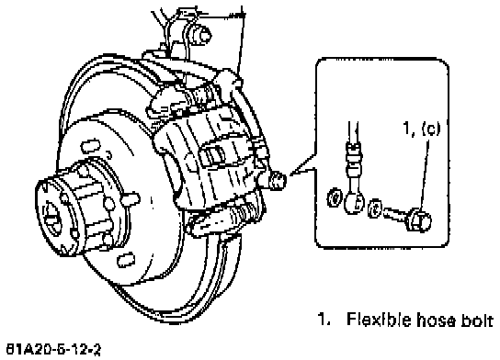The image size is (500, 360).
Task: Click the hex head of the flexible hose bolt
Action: click(x=419, y=219)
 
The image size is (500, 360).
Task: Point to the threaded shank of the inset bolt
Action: click(x=394, y=214)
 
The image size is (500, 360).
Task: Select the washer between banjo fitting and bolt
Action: click(x=375, y=208)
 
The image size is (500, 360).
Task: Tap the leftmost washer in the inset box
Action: click(x=335, y=197)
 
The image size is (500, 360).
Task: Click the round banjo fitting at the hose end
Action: click(x=354, y=202)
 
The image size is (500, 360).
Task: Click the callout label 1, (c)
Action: click(x=422, y=129)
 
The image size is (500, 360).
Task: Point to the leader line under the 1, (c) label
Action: click(x=423, y=174)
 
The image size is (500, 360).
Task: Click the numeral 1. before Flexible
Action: click(x=324, y=320)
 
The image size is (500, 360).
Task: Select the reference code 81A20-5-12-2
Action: click(x=53, y=350)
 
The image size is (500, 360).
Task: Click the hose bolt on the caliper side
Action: click(x=278, y=180)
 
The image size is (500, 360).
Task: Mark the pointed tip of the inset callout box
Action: click(x=290, y=174)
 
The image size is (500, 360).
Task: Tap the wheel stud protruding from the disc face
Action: click(x=131, y=198)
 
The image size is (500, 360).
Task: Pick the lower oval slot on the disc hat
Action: click(x=126, y=259)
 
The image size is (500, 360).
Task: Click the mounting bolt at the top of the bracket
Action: click(x=201, y=34)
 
